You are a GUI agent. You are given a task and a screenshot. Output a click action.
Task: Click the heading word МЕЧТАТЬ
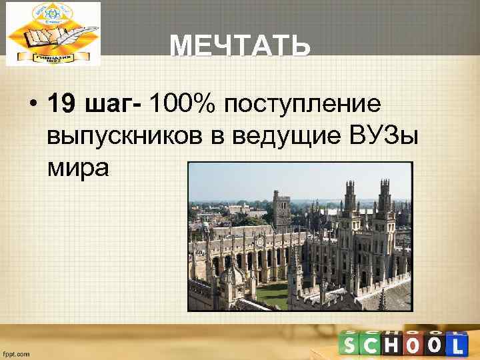[239, 47]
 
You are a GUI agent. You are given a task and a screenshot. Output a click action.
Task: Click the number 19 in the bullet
[61, 103]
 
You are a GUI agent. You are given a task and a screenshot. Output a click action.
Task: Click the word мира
[77, 167]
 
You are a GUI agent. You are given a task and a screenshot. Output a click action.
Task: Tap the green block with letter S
[352, 345]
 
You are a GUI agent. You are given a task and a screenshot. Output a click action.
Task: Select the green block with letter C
[373, 345]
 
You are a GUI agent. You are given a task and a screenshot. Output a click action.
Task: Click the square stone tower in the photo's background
[281, 206]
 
